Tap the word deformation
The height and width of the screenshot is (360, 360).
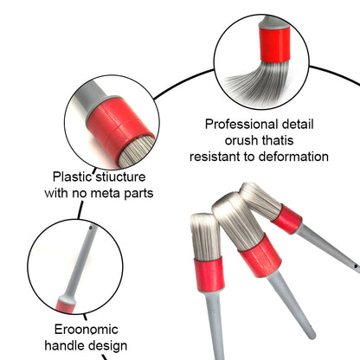pos(293,157)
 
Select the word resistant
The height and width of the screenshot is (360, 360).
pos(214,157)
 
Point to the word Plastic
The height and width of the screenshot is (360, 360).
pos(71,177)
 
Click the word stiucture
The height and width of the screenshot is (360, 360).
pos(120,177)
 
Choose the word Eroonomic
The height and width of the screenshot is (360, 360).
pos(87,330)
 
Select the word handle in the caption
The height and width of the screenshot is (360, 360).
pos(65,345)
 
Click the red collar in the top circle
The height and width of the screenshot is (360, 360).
pos(274,44)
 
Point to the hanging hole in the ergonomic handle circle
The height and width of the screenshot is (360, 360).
pos(91,228)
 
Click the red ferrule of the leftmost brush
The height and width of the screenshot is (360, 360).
pos(209,274)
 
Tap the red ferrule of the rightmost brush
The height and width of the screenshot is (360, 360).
pos(287,219)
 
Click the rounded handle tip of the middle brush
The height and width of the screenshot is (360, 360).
pos(311,334)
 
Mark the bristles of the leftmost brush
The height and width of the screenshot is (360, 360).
pos(206,236)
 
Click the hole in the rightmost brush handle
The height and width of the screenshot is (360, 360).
pos(357,266)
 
